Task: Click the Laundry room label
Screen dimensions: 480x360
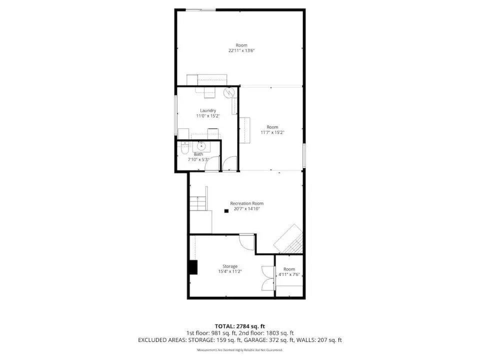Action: [208, 110]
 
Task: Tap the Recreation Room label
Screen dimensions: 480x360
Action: [246, 203]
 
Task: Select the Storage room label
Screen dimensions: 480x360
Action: [230, 266]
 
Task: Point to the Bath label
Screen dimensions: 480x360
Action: [198, 154]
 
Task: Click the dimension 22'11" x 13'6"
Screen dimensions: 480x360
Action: [241, 51]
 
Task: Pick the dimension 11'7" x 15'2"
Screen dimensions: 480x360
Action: [272, 132]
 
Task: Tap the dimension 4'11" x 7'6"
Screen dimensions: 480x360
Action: [289, 274]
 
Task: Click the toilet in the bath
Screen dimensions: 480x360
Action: [184, 147]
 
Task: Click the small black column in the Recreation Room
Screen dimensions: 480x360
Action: [226, 211]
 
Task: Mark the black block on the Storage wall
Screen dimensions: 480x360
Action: [193, 267]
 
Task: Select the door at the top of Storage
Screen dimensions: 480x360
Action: [246, 242]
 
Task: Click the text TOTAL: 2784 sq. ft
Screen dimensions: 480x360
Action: [239, 326]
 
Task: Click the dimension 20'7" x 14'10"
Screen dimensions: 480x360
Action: [246, 209]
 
